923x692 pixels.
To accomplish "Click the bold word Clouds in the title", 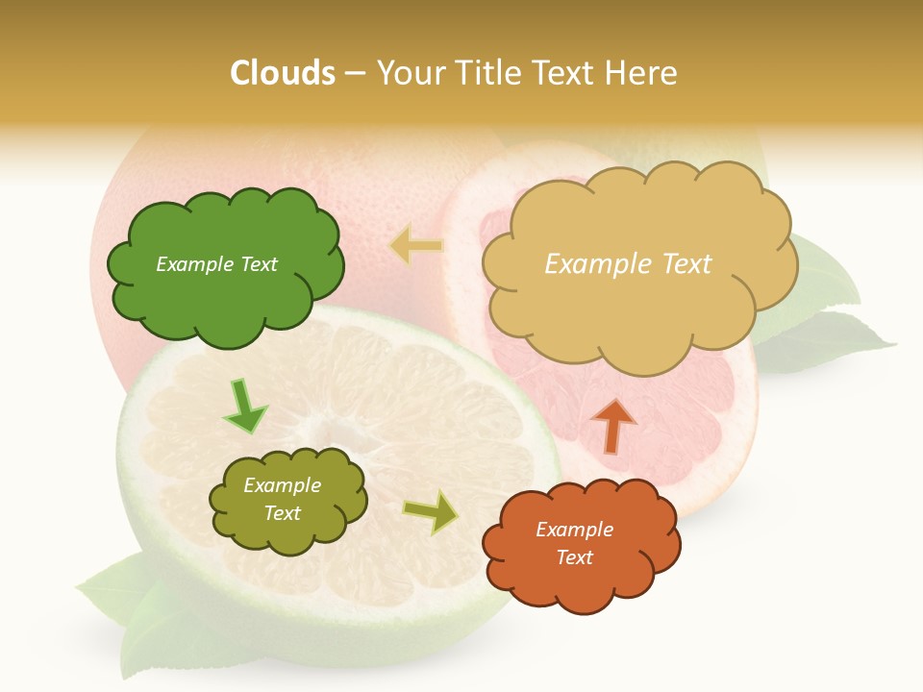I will (x=282, y=73).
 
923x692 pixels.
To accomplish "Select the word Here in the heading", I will (x=643, y=73).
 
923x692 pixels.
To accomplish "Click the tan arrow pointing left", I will (x=416, y=245).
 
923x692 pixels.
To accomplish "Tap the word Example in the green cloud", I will (x=194, y=264).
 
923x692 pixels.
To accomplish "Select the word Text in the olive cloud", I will (x=283, y=513).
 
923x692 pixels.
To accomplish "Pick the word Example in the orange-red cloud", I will (x=574, y=530).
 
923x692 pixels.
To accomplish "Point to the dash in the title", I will (x=354, y=73).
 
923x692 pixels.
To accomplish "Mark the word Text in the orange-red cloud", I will (x=574, y=557).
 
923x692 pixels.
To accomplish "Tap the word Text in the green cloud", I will (x=257, y=264).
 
